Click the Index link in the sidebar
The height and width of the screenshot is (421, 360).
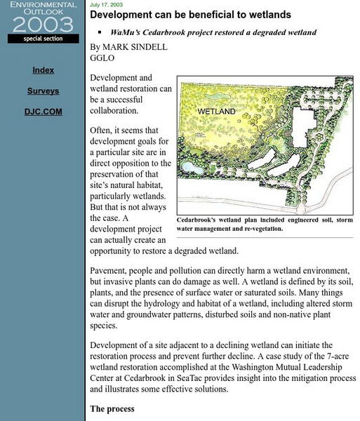click(x=43, y=70)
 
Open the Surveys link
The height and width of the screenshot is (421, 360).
click(x=43, y=91)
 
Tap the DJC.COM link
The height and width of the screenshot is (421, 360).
click(x=43, y=112)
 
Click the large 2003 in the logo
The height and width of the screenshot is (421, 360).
click(x=43, y=24)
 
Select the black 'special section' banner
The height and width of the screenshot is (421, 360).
click(x=43, y=39)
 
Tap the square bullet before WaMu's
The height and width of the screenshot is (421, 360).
click(x=101, y=32)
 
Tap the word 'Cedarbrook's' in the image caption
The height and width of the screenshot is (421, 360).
click(x=200, y=219)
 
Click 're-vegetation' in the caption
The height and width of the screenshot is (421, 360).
click(x=259, y=228)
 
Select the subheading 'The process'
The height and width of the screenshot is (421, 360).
click(x=112, y=408)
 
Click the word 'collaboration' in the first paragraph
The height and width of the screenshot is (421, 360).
click(x=116, y=110)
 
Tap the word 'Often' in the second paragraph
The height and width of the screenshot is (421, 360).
click(x=102, y=131)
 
